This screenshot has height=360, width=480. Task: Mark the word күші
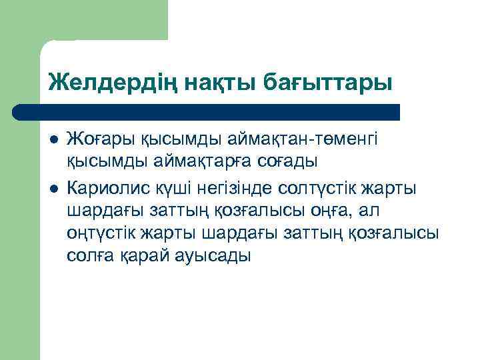click(175, 189)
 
